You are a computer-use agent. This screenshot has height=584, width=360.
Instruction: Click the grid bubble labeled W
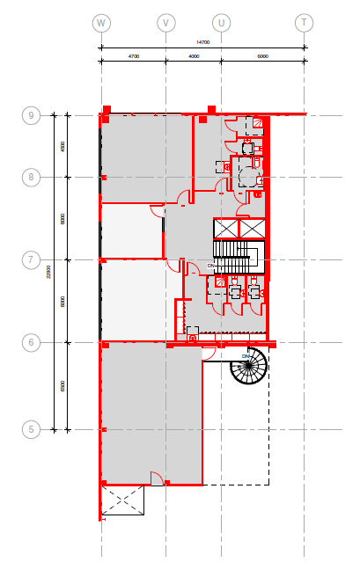[102, 22]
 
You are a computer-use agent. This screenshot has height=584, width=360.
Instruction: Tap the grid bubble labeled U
[221, 22]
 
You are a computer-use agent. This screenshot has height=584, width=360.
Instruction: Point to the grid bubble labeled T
[304, 22]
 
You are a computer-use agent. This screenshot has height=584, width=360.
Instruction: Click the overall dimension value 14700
[203, 41]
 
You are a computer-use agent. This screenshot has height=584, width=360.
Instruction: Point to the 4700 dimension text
[134, 55]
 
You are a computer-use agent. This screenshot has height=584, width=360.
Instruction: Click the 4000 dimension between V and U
[194, 55]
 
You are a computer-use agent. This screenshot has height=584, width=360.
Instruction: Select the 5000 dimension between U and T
[262, 55]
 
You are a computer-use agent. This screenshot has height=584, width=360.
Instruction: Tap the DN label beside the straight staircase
[211, 265]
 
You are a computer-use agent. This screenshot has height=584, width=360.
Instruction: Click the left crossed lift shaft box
[226, 229]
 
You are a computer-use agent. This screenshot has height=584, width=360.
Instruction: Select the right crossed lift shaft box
[252, 229]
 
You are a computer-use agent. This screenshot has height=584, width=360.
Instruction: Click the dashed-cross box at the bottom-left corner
[122, 500]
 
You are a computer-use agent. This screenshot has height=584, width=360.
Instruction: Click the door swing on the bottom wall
[157, 479]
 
